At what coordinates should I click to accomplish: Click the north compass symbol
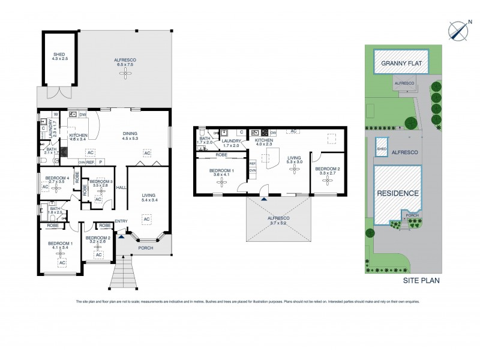[459, 28]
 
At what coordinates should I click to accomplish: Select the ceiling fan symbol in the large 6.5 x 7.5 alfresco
[126, 73]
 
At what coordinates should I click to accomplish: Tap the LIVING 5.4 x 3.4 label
[148, 197]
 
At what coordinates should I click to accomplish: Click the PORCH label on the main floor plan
[146, 248]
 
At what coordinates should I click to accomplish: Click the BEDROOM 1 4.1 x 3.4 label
[60, 244]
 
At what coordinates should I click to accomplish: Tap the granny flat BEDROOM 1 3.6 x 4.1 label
[220, 173]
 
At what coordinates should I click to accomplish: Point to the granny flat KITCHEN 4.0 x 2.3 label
[263, 142]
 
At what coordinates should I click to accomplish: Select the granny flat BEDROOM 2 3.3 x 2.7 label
[327, 171]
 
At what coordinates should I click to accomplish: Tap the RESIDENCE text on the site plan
[397, 193]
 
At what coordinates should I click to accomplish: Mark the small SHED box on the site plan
[380, 149]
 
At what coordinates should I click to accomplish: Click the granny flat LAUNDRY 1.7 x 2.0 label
[230, 143]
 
